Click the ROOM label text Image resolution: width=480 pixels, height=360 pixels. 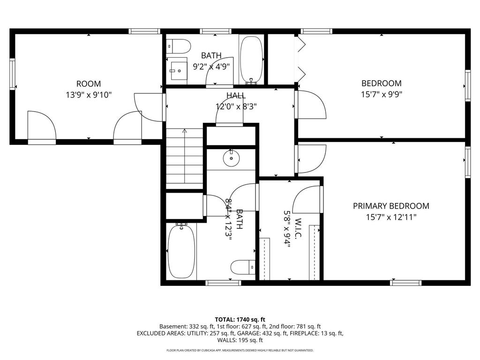coord(89,84)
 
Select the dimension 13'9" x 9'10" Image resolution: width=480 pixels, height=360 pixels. coord(89,95)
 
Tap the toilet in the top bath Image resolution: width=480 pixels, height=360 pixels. coord(180,46)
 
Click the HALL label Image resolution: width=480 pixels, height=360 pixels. coord(236,96)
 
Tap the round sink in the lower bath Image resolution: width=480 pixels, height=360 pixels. coord(232,158)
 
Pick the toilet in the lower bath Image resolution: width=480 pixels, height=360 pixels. coord(242,268)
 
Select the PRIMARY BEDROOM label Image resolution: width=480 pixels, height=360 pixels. coord(391,206)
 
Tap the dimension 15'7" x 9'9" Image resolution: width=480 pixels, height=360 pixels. coord(381,94)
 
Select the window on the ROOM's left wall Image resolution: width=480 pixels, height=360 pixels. coord(13,73)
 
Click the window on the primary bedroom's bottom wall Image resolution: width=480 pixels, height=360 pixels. coord(406,283)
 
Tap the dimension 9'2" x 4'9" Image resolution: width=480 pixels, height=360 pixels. coord(211,66)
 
